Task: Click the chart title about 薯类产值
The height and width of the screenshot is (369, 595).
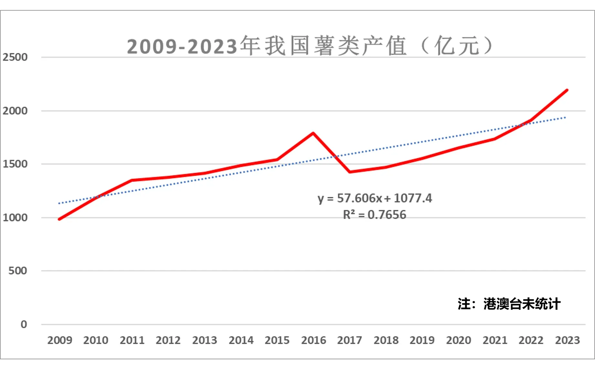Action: tap(309, 46)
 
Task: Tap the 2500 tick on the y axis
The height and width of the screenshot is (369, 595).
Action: tap(15, 57)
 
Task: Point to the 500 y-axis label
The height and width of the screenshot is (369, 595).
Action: tap(17, 271)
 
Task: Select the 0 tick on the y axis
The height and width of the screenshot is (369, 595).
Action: tap(24, 324)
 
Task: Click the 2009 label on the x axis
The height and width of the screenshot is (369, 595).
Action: tap(60, 340)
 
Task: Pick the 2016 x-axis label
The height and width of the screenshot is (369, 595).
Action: tap(313, 340)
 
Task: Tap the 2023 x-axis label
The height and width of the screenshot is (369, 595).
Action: tap(567, 340)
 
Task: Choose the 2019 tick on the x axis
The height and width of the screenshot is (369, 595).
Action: tap(422, 340)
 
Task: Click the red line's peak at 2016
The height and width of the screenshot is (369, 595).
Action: tap(313, 133)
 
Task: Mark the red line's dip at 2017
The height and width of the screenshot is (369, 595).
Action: tap(350, 172)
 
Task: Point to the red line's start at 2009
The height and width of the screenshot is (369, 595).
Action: tap(59, 219)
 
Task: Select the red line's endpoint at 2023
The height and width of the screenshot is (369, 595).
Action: tap(567, 90)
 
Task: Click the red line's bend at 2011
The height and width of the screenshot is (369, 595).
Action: tap(132, 180)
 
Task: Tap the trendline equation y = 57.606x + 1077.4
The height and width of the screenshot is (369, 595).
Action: tap(374, 198)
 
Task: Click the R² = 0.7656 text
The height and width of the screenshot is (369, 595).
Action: tap(374, 215)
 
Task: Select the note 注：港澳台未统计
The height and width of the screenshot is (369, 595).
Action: tap(509, 304)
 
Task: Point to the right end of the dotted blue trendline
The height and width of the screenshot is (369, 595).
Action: tap(565, 117)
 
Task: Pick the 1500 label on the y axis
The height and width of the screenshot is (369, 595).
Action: tap(15, 164)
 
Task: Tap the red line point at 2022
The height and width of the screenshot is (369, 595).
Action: tap(531, 121)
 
